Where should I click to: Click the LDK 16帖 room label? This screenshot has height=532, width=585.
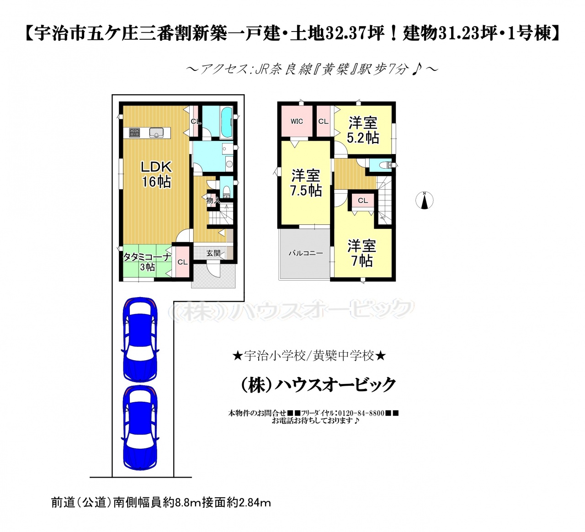click(x=156, y=175)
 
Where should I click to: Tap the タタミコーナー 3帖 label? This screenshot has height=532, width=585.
click(x=147, y=262)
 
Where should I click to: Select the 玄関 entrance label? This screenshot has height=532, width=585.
click(x=213, y=253)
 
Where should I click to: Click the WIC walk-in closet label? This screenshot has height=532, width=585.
click(x=297, y=121)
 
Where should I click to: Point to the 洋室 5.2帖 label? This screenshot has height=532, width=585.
click(x=363, y=130)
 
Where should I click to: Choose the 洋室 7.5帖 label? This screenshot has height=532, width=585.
click(x=306, y=183)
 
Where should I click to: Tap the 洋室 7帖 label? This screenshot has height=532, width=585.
click(x=362, y=253)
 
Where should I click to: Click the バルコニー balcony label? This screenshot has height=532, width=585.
click(x=306, y=253)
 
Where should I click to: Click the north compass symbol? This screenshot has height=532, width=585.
click(x=424, y=200)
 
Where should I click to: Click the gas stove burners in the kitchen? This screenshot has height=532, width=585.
click(x=134, y=133)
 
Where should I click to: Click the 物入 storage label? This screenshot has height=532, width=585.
click(x=213, y=200)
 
